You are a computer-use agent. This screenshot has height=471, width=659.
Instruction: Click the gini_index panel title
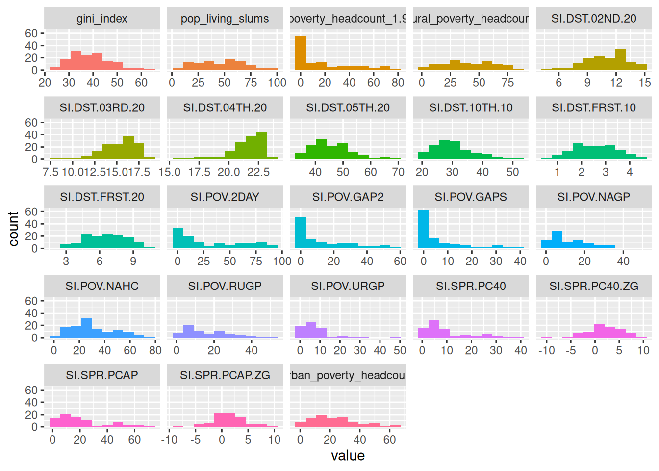(x=102, y=19)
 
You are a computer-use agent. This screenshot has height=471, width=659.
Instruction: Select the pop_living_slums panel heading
(x=225, y=19)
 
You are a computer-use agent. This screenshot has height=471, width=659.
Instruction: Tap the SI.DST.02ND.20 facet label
(x=593, y=19)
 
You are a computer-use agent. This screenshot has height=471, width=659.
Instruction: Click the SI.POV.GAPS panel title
(x=471, y=197)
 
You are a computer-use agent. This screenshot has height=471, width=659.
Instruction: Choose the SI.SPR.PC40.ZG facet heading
(x=593, y=286)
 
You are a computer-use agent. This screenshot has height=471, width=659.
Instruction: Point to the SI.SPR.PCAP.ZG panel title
(x=225, y=375)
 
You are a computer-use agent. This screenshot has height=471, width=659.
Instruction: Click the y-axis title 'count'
(x=13, y=229)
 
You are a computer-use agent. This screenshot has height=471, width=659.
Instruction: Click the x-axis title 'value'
(x=348, y=456)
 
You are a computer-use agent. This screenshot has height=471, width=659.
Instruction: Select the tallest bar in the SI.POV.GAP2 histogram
(x=301, y=233)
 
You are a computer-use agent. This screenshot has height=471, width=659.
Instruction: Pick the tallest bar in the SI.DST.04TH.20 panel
(x=262, y=146)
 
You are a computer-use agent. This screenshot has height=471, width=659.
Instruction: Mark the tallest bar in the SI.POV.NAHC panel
(x=86, y=328)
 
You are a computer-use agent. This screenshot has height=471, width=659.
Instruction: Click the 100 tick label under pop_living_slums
(x=277, y=83)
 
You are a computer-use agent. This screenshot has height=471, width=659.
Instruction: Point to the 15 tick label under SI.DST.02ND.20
(x=644, y=83)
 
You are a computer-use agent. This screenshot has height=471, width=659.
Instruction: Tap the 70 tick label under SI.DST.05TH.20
(x=398, y=172)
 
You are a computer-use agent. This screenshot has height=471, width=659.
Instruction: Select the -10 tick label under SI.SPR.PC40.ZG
(x=546, y=350)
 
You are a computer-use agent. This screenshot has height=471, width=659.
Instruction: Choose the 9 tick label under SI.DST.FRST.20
(x=133, y=261)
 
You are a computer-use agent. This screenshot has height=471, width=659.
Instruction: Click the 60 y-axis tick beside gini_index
(x=31, y=33)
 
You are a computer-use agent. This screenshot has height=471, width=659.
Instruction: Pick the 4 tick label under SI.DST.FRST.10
(x=630, y=172)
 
